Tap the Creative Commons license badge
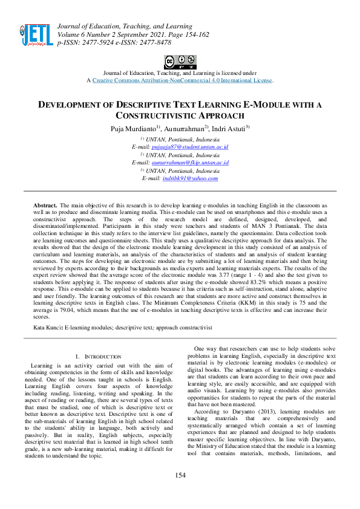point(180,62)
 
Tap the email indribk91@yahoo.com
point(191,178)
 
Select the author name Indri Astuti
point(227,128)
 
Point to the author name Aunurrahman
point(186,128)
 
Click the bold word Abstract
point(45,206)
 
